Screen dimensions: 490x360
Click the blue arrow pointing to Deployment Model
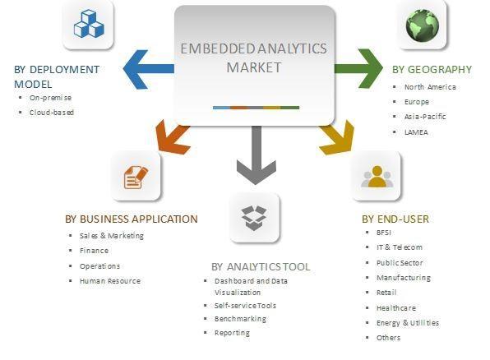coord(149,69)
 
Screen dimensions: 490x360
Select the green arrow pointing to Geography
coord(358,68)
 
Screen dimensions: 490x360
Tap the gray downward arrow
coord(257,155)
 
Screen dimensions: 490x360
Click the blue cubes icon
coord(89,24)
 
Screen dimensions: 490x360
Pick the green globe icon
coord(423,25)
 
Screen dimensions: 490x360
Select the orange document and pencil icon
coord(136,178)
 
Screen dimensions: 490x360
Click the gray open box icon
coord(254,218)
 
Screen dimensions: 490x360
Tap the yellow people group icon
coord(377,177)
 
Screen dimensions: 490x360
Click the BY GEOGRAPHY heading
coord(432,69)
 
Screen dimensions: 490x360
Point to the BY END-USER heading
coord(395,219)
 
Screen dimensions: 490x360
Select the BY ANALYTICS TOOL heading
coord(261,267)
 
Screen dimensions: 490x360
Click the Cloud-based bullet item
coord(52,113)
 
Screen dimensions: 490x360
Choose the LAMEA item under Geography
coord(416,132)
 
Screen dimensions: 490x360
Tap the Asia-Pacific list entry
coord(425,117)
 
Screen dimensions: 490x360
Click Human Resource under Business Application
coord(110,281)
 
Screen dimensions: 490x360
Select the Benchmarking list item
coord(240,319)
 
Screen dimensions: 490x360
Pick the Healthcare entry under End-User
coord(396,308)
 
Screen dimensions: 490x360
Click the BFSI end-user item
coord(384,233)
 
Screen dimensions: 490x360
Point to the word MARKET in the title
coord(254,67)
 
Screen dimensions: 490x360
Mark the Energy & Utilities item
coord(408,323)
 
